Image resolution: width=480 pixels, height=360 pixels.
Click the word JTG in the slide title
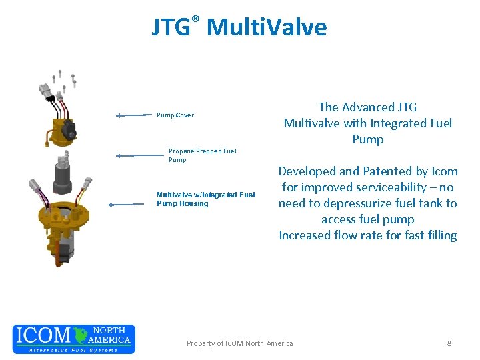pos(170,28)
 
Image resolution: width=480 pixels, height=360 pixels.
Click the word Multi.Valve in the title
pos(267,28)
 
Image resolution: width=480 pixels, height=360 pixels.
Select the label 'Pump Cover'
pos(175,115)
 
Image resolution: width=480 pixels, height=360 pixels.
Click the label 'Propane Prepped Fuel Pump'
pos(202,155)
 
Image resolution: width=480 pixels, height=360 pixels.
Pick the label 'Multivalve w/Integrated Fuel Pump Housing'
pos(205,199)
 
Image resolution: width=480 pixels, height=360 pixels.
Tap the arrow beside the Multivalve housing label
pos(130,204)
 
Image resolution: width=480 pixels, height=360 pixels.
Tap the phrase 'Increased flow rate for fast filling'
pos(368,235)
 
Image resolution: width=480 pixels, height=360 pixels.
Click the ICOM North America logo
pos(74,339)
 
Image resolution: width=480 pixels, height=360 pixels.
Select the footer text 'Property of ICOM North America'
pos(239,343)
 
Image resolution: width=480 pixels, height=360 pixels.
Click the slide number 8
pos(449,343)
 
